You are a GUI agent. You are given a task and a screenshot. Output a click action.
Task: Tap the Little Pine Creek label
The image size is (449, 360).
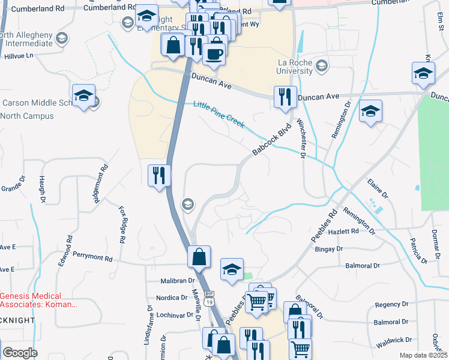(218, 114)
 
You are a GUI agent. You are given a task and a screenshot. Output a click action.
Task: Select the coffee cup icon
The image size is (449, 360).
(214, 54)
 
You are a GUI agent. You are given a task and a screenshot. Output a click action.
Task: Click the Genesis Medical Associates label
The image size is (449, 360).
(39, 300)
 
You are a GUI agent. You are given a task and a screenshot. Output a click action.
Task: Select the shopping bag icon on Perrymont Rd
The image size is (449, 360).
(199, 257)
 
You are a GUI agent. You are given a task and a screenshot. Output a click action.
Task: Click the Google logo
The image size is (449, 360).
(20, 353)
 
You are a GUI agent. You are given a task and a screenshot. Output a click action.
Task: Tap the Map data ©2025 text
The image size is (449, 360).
(423, 355)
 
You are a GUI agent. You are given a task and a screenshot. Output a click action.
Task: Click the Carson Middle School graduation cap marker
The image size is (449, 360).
(84, 95)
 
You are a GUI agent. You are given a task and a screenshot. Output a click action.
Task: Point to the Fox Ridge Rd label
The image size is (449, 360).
(122, 224)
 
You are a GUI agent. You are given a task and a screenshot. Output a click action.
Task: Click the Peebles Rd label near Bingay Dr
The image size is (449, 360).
(325, 226)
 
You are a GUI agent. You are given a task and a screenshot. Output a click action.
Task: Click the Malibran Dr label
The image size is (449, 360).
(178, 280)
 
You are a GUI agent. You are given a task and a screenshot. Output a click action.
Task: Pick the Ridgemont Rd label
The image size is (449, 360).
(100, 185)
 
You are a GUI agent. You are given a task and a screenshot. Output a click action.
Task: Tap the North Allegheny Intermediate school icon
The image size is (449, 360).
(61, 38)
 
